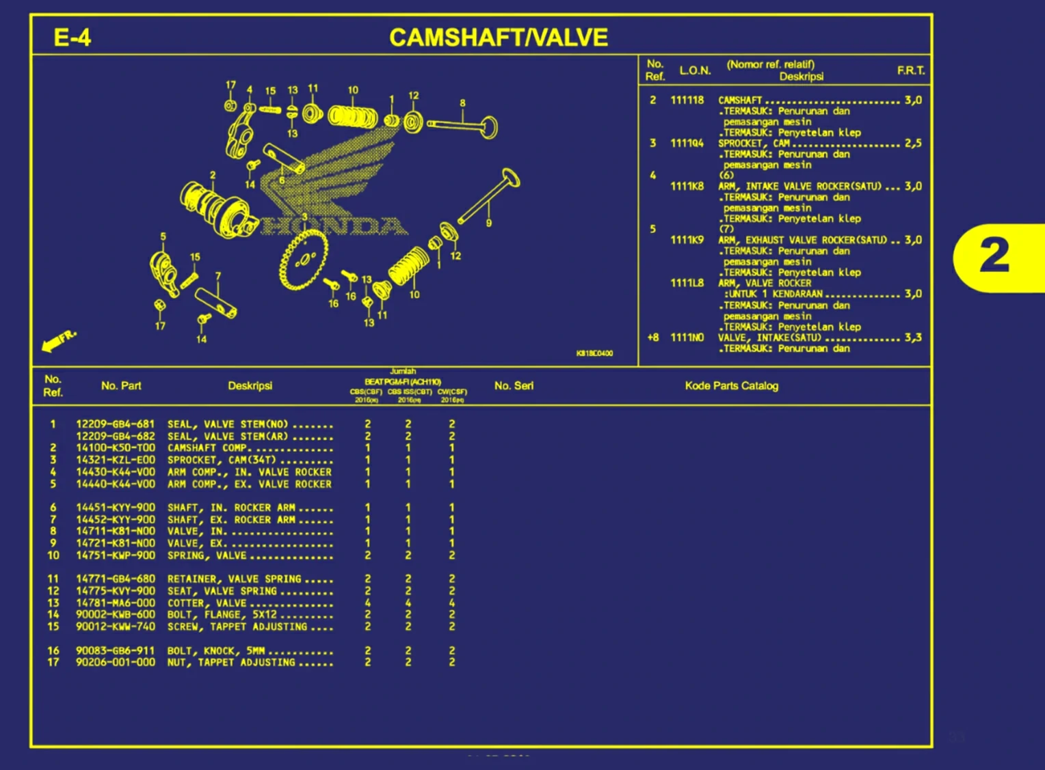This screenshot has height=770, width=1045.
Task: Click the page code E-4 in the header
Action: coord(72,37)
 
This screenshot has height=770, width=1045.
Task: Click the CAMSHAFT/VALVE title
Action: coord(498,37)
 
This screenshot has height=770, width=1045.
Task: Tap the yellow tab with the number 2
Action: coord(995,256)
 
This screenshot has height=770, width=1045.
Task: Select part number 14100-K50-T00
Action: coord(115,448)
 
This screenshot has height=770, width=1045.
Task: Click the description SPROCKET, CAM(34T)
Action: coord(221,460)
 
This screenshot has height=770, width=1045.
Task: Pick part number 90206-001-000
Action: coord(115,662)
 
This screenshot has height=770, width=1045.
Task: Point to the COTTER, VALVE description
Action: coord(207,603)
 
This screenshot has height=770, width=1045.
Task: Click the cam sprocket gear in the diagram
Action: coord(303,260)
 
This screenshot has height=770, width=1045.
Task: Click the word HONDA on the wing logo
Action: coord(335,226)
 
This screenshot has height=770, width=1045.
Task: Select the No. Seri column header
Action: coord(514,386)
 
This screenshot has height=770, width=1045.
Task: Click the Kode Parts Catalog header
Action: coord(731,386)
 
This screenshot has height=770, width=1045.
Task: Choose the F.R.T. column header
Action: coord(910,70)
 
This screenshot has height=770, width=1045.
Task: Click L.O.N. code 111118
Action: coord(687,100)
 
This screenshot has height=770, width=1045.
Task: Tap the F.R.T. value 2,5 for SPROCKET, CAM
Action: coord(913,143)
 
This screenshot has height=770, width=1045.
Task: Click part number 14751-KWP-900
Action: coord(115,555)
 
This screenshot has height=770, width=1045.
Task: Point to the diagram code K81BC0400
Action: coord(594,353)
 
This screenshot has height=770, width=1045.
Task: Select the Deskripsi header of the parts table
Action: coord(250,386)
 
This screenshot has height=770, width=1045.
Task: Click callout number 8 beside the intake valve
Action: coord(462,103)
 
